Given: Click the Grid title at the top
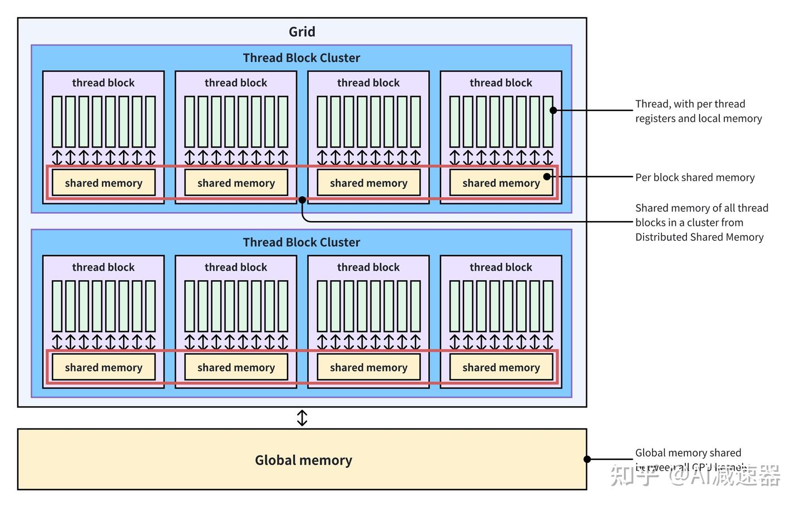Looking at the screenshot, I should pos(301,32).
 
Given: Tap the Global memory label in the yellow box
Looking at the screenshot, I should pos(303,460).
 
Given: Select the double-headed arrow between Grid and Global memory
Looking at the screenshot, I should pos(302,418).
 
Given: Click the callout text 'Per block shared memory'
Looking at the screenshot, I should pos(695,178).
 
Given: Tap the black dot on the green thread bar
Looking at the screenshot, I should pos(553,110).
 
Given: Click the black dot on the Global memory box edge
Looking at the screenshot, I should pos(587,459).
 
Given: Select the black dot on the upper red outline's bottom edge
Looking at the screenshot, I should pos(302,199).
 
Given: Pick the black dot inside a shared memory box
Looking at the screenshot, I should pos(547,177).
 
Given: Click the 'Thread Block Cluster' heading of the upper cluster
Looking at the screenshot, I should pos(301,58).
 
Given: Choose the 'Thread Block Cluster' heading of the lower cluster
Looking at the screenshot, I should pos(301,242).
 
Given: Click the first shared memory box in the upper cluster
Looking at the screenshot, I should pos(103,183).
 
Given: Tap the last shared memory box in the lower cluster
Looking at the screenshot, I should pos(501,368).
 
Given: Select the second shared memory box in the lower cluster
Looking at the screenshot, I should pos(236,368).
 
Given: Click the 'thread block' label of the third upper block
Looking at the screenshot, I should pos(368,83).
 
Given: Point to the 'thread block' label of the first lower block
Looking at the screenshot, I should pos(103,267).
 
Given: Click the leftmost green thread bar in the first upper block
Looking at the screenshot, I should pos(57,121).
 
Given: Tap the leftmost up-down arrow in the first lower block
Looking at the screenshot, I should pos(57,341).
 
